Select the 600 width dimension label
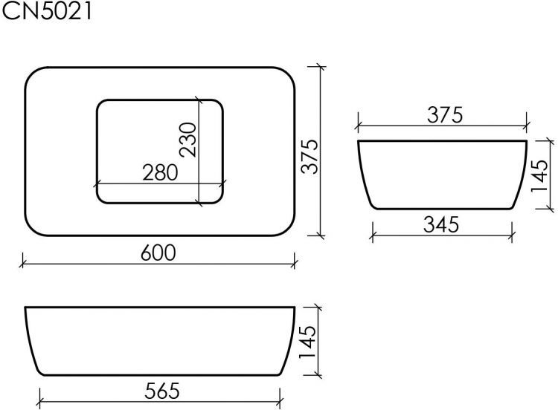(x=158, y=253)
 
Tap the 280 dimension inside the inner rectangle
(x=160, y=173)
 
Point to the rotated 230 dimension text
(x=187, y=140)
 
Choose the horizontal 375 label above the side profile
(x=445, y=115)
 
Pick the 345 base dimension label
(x=442, y=223)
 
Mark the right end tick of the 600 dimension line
(x=295, y=261)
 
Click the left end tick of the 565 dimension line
(x=39, y=399)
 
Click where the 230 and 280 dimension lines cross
(x=199, y=183)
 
